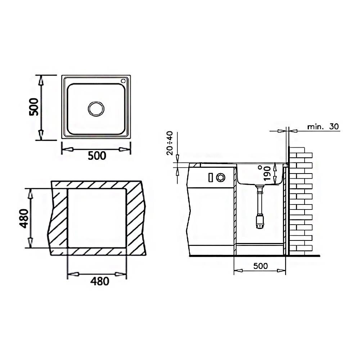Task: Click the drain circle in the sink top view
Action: (x=96, y=109)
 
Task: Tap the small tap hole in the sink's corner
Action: (x=123, y=81)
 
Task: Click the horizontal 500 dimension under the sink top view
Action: (x=97, y=156)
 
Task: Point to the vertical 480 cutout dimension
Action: (x=24, y=219)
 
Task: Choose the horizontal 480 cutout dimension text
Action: (x=100, y=281)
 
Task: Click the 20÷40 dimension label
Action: (x=170, y=143)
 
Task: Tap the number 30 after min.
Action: (x=334, y=126)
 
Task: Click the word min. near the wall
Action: (x=316, y=126)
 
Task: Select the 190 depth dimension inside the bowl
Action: (x=267, y=174)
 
